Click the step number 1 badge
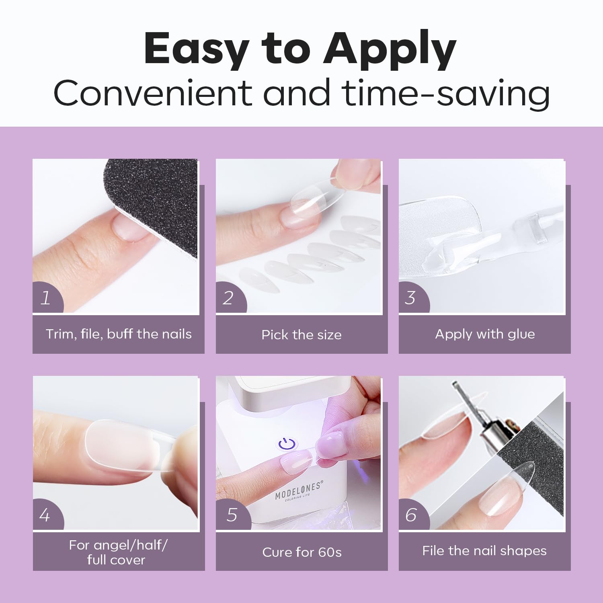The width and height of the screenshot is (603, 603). point(47,297)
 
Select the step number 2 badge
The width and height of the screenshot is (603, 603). point(230,297)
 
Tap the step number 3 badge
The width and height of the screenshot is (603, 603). point(413,297)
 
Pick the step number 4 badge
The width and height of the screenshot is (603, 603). point(47,515)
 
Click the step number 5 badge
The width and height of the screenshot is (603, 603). point(233,515)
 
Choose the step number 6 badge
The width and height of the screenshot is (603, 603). point(413,515)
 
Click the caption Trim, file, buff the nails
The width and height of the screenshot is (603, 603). point(119,334)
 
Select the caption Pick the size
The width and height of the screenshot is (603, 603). point(301,334)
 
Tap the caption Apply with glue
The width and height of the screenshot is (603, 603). point(485,334)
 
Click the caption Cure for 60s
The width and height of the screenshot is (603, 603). point(302,552)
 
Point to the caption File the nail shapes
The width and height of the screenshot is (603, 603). point(484,551)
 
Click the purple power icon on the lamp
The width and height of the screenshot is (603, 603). point(287,444)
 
